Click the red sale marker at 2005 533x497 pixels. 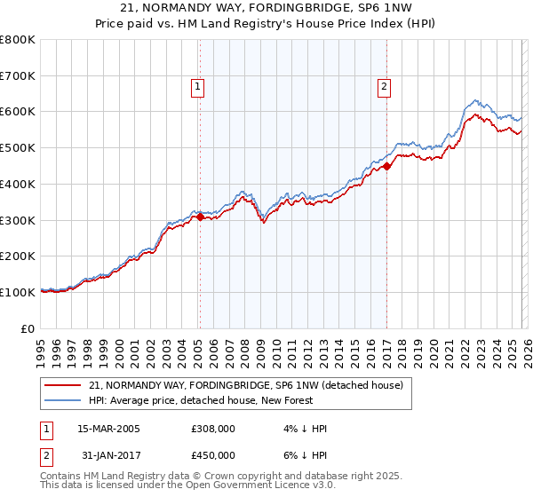(200, 216)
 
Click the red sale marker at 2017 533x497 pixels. (387, 164)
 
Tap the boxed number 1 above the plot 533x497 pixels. (196, 87)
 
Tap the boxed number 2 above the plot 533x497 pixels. (384, 87)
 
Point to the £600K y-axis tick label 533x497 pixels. (18, 112)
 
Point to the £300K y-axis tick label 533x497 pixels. (18, 220)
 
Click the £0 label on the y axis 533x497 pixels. (28, 328)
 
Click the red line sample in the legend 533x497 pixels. (64, 386)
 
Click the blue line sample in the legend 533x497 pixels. (64, 400)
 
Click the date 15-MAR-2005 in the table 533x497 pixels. (108, 429)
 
